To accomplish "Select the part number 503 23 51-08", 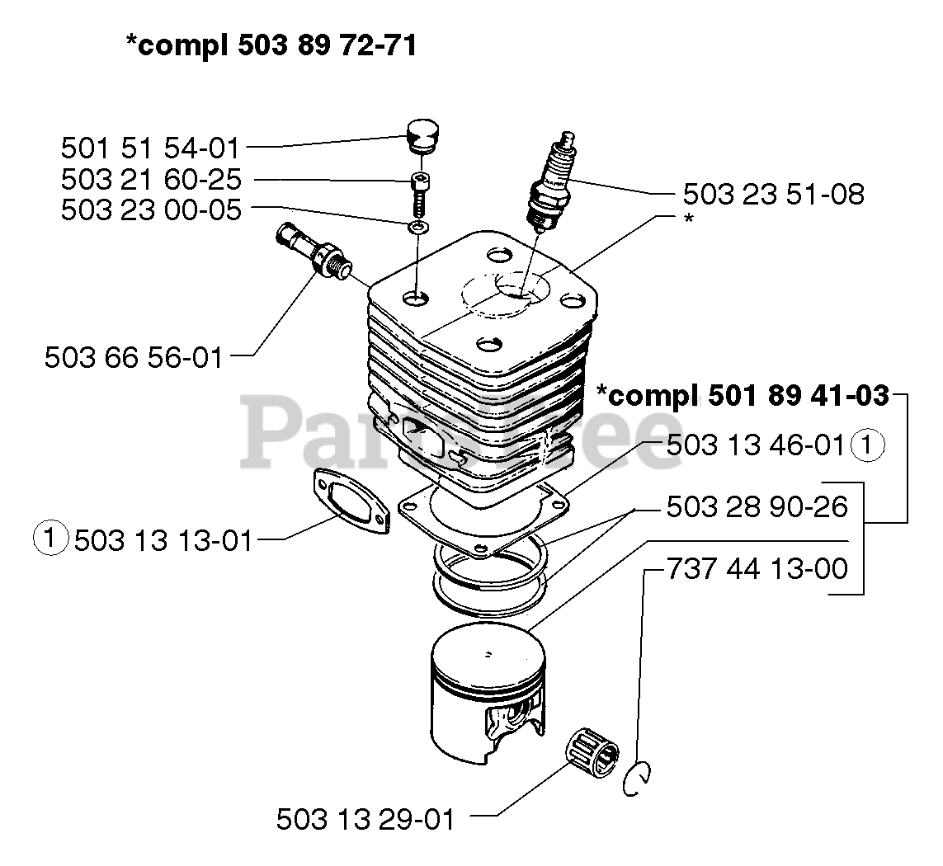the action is point(773,195).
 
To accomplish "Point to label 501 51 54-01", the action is point(150,148).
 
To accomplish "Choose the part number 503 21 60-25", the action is point(150,180).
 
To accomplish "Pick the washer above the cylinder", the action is point(419,226).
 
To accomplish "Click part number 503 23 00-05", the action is point(150,210).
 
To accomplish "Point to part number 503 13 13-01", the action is point(163,540).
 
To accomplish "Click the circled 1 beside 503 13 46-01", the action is point(869,445).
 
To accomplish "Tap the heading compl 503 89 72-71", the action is point(271,45).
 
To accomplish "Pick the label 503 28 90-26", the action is point(757,507).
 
